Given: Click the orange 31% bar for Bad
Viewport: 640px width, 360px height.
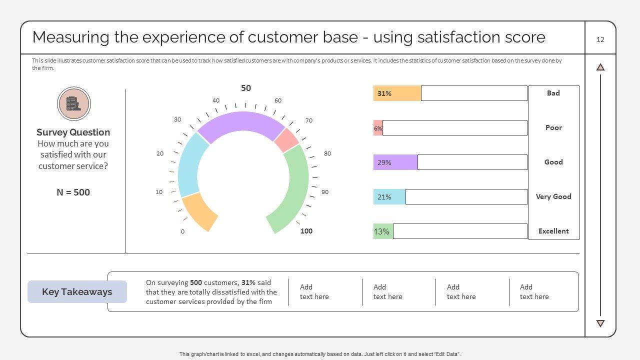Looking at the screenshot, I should [x=397, y=93].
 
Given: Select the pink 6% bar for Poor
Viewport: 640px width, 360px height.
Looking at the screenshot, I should [x=378, y=128].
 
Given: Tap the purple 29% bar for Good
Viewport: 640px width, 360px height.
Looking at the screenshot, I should [x=395, y=162].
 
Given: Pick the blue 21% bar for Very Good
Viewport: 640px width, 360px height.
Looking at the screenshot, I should [x=389, y=197].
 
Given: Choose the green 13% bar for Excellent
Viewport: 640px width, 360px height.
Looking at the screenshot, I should [x=383, y=231].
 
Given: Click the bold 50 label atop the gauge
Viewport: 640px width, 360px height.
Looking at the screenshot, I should [x=246, y=88].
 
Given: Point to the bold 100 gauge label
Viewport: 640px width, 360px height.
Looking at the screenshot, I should [x=306, y=231].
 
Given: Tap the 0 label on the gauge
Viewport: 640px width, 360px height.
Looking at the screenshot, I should [x=182, y=231].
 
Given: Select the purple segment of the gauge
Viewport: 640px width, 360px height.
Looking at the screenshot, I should [x=241, y=122].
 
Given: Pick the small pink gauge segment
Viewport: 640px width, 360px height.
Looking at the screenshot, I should [x=287, y=140].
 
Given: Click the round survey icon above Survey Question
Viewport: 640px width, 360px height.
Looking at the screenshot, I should [x=73, y=104].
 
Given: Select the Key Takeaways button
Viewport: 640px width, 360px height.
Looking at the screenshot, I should [x=77, y=292].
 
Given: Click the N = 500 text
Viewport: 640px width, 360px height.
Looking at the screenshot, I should [x=73, y=192].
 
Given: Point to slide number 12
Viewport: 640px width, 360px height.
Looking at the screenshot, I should [x=600, y=39].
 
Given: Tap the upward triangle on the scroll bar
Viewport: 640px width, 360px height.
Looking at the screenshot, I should [x=600, y=67].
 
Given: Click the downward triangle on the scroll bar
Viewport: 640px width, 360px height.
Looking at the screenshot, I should [x=600, y=323].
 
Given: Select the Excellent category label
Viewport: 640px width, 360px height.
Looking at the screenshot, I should [x=553, y=231].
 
